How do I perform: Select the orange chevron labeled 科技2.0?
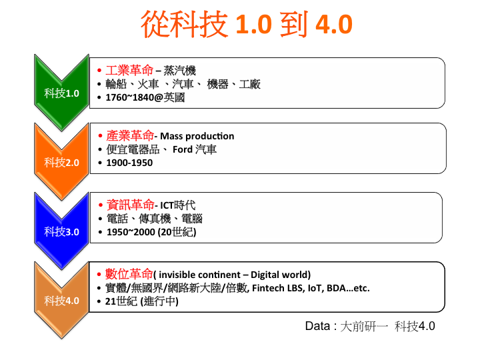coord(61,162)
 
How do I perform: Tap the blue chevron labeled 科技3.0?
coord(61,231)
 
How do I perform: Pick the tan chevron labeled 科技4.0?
coord(61,301)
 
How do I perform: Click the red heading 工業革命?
coord(129,71)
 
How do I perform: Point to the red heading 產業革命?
coord(130,135)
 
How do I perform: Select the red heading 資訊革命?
coord(131,205)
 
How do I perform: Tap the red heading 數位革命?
coord(129,274)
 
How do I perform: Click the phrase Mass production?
coord(197,136)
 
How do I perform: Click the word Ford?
coord(183,149)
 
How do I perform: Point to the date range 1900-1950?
coord(129,163)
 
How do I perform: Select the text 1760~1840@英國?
coord(145,97)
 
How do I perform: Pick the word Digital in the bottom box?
coord(265,275)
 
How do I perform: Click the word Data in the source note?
coord(318,326)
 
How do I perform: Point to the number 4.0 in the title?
coord(334,24)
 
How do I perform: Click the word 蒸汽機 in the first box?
coord(180,71)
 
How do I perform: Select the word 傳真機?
coord(155,219)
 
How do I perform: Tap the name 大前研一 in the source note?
coord(364,326)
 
